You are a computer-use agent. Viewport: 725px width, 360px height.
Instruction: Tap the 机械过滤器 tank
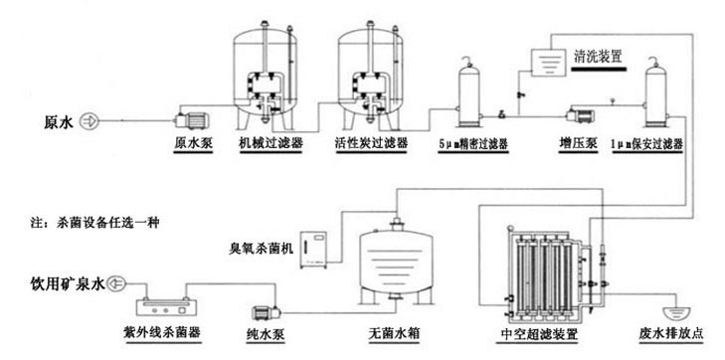[x=266, y=70]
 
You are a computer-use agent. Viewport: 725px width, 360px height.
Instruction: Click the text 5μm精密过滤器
[x=473, y=143]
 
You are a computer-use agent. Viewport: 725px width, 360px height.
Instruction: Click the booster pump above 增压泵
[x=576, y=115]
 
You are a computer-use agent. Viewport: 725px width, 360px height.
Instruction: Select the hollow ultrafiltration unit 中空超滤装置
[x=545, y=269]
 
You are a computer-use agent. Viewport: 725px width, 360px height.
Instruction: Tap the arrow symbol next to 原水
[x=88, y=121]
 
